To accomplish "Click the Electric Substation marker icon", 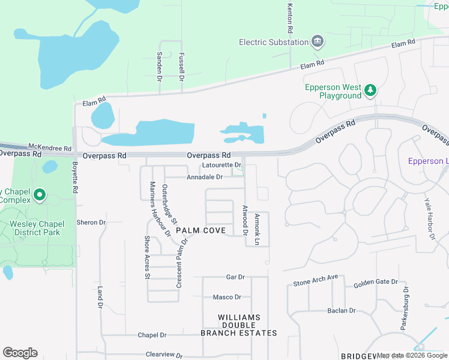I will point(318,42).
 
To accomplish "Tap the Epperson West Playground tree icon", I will point(371,91).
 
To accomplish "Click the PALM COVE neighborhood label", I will point(200,230).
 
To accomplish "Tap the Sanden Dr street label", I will point(160,66).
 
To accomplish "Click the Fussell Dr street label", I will point(181,66).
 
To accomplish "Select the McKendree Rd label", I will point(50,148).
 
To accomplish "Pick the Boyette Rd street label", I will point(75,178).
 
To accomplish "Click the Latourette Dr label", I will point(221,165).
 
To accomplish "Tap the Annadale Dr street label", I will point(205,177).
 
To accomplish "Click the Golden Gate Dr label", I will point(376,282).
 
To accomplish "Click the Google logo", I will point(20,353).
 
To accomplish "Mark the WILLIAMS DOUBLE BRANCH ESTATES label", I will point(239,325).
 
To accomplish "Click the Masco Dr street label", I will point(227,297).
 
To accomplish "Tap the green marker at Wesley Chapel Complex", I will point(40,195).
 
